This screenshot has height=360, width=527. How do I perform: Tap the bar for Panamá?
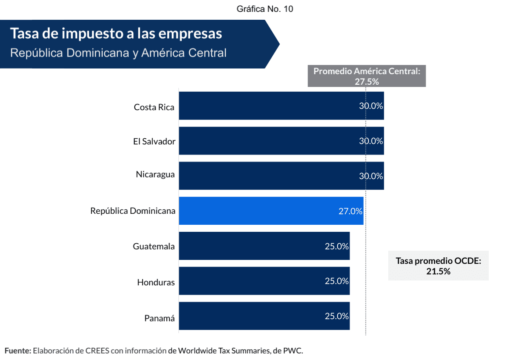264,316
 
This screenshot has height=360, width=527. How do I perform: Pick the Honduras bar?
264,281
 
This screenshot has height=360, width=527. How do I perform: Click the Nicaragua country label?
155,174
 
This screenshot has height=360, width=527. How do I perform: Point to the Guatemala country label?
154,246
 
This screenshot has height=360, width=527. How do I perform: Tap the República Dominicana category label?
133,211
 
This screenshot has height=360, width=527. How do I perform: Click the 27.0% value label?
350,211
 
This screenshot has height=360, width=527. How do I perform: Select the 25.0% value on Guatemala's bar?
336,246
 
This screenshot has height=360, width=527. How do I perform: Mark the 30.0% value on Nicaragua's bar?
371,176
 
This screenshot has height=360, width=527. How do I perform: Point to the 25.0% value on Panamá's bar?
336,316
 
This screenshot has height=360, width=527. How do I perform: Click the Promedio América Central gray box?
367,76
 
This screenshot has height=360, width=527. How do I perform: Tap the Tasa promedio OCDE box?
438,266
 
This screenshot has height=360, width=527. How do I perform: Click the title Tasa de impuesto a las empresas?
116,33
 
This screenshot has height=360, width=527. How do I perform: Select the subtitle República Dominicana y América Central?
119,53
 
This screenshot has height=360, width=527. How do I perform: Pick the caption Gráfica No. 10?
265,9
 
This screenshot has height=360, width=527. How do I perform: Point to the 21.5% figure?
438,271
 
